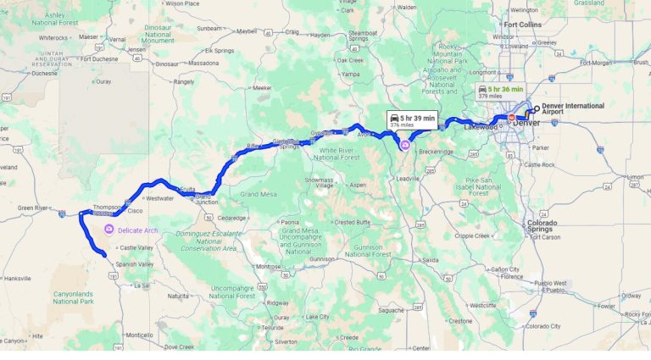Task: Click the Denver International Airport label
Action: [574, 109]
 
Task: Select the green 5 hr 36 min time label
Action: [505, 89]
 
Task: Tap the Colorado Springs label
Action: [542, 226]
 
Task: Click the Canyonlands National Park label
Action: [72, 297]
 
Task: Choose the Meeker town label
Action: [261, 88]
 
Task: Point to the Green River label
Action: [33, 208]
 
